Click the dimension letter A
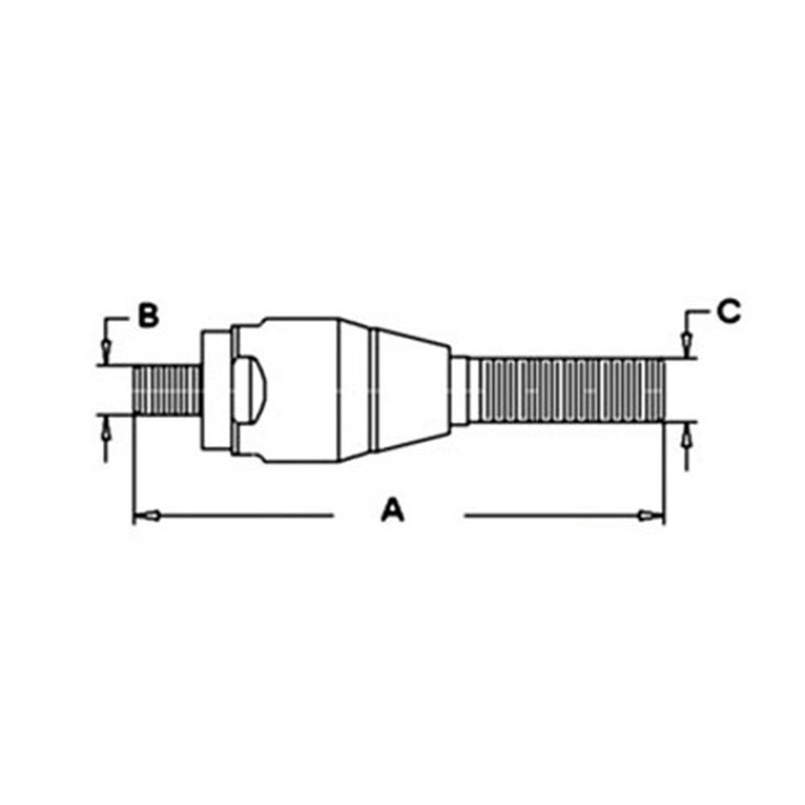(392, 511)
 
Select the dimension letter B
(147, 316)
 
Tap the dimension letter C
(729, 312)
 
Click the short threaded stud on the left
(166, 390)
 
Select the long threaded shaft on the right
(572, 390)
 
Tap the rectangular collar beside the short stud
(214, 390)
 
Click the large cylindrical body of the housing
(302, 390)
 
